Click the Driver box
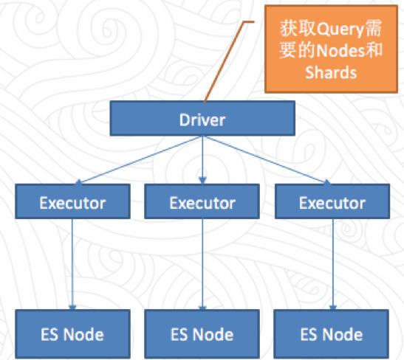[x=202, y=118]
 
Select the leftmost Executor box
[x=72, y=201]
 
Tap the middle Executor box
[x=202, y=201]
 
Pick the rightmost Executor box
[x=332, y=201]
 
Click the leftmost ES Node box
[x=72, y=333]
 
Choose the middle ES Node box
[x=202, y=333]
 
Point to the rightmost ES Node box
[x=332, y=333]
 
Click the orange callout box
[x=332, y=49]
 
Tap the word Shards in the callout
[x=331, y=72]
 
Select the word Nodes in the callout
[x=340, y=50]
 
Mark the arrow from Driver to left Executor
[x=139, y=160]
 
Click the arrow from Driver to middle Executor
[x=202, y=160]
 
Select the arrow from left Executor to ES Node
[x=72, y=265]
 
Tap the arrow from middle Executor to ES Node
[x=202, y=265]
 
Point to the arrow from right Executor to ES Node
[x=333, y=265]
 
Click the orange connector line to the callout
[x=224, y=62]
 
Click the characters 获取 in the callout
[x=298, y=28]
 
